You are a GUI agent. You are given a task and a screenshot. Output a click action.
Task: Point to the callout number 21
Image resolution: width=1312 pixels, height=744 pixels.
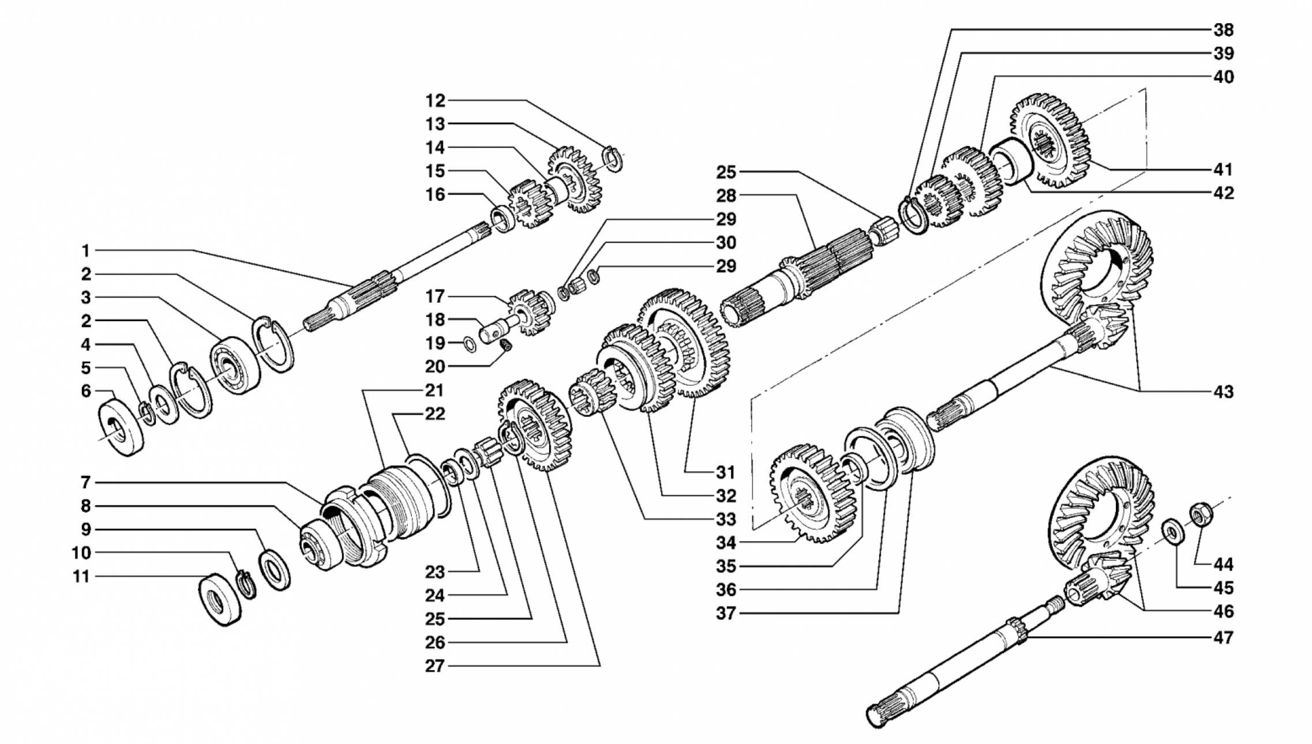(434, 390)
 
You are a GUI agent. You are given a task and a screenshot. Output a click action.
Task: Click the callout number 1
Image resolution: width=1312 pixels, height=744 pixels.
(85, 251)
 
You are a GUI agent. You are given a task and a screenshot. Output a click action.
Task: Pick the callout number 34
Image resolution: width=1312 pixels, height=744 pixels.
(726, 543)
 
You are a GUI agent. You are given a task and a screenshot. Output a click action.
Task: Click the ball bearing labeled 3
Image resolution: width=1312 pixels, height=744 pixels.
(234, 365)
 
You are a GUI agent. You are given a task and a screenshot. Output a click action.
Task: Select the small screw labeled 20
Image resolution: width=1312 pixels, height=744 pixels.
(505, 345)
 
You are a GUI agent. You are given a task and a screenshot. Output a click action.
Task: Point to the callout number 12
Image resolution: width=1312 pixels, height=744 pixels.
(436, 101)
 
